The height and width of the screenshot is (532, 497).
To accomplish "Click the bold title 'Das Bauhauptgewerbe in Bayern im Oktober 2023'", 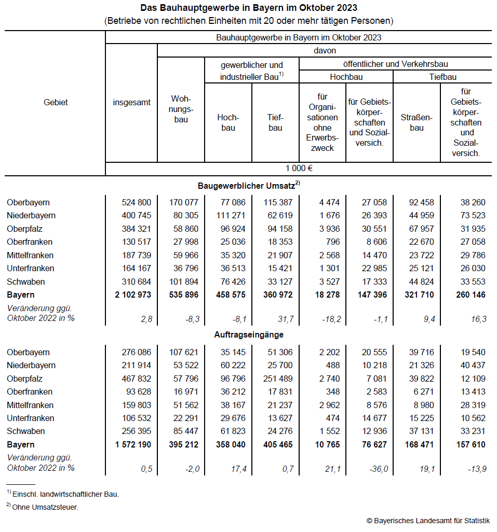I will pos(248,8).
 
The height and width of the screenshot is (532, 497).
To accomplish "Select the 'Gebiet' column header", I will pos(56,102).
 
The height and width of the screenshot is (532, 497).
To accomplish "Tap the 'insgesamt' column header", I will pos(132,102).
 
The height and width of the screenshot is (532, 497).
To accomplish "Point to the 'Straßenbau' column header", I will pos(417,123).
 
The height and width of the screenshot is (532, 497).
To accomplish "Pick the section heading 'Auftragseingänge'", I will pos(249,335).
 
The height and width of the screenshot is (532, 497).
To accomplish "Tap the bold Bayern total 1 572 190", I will pos(131,445).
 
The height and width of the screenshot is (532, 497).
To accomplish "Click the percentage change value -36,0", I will pos(378,469).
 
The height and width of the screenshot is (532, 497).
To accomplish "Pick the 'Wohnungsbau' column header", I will pos(181,109).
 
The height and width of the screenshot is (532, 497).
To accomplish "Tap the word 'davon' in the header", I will pos(325,50).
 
